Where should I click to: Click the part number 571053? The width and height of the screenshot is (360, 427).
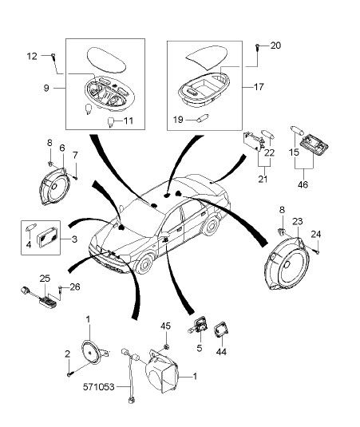click(x=98, y=387)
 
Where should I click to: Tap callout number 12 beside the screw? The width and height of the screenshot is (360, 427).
click(x=32, y=56)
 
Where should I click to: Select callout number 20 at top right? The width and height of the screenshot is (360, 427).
click(x=275, y=45)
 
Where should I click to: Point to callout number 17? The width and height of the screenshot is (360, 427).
click(x=259, y=87)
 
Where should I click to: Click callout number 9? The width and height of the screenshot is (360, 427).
click(x=46, y=88)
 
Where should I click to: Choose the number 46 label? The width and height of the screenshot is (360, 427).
click(x=303, y=184)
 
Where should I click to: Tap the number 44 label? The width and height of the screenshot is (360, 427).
click(x=221, y=351)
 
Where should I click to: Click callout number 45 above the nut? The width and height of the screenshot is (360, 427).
click(x=165, y=326)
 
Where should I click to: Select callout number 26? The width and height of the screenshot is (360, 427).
click(x=75, y=287)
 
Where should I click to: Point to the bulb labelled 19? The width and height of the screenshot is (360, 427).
click(x=204, y=118)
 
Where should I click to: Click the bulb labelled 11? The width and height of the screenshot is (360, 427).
click(x=111, y=122)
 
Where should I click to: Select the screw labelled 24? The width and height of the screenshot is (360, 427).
click(x=317, y=252)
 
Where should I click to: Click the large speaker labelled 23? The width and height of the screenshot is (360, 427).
click(x=287, y=263)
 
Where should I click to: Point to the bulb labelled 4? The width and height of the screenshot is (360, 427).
click(x=31, y=227)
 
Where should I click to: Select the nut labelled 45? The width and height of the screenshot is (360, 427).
click(x=166, y=346)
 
